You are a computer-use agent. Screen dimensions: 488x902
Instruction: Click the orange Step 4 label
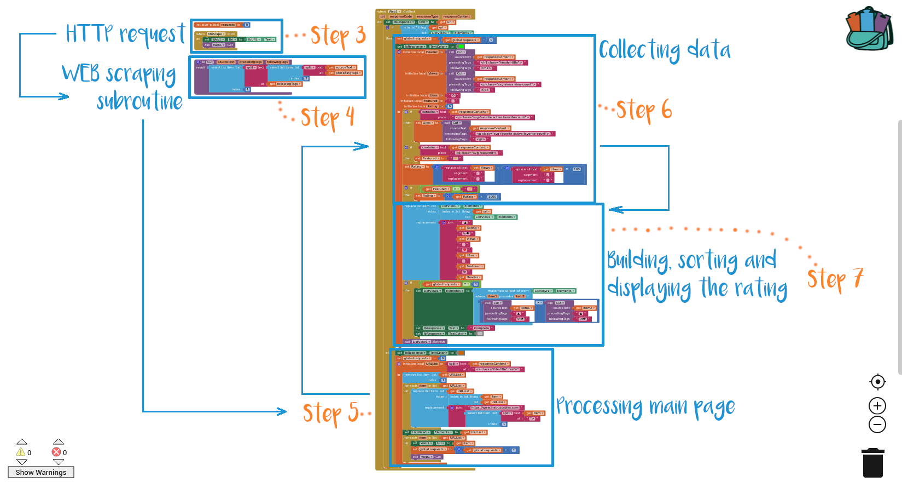tap(327, 118)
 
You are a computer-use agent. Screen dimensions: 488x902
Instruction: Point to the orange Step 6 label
tap(643, 110)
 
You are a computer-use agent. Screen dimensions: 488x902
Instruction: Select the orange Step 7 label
tap(835, 279)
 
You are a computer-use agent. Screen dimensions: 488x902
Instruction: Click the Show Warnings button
tap(41, 472)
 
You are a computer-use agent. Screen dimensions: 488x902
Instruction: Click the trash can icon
tap(872, 463)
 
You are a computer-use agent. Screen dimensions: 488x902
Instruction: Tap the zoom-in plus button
tap(877, 406)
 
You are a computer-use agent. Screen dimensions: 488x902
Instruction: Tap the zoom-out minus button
tap(877, 424)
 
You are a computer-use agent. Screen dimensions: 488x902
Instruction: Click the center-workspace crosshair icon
tap(877, 382)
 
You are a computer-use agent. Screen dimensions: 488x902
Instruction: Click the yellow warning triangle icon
tap(21, 452)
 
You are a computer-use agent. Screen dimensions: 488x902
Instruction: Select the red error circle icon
tap(56, 452)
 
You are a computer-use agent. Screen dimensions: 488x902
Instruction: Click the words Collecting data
tap(665, 50)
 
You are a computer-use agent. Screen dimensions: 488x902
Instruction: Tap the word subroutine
tap(139, 102)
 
